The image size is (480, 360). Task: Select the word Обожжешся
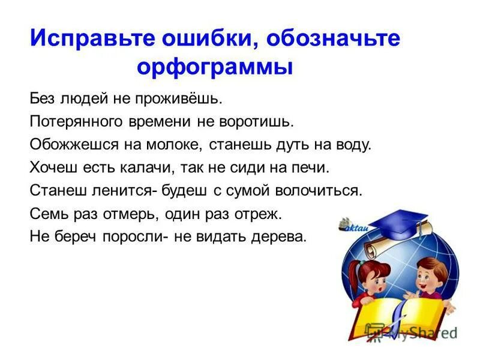pyautogui.click(x=71, y=145)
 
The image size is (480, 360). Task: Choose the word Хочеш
pyautogui.click(x=50, y=168)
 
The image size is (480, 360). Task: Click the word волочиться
pyautogui.click(x=319, y=191)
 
